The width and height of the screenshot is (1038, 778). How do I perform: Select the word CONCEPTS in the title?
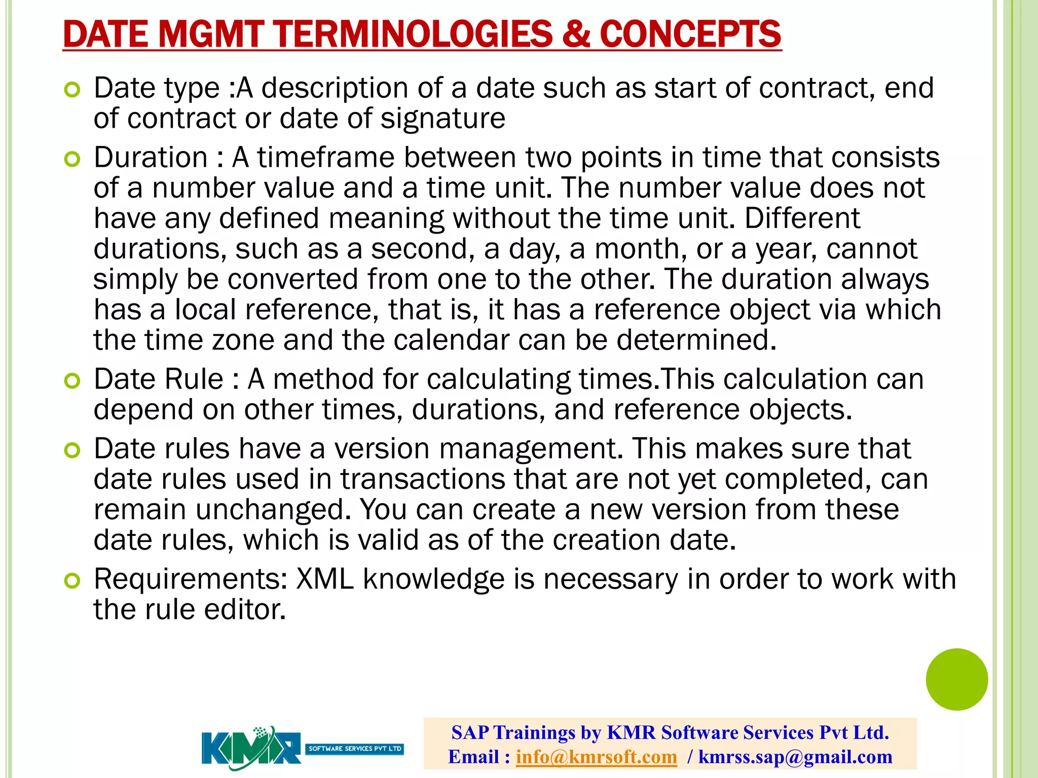(x=690, y=34)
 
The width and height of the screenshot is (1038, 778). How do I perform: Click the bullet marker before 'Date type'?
(x=72, y=90)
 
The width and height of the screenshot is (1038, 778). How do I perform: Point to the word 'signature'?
(x=442, y=119)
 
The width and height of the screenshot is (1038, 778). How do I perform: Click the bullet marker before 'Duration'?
(x=72, y=160)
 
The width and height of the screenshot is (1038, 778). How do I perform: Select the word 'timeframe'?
(x=325, y=158)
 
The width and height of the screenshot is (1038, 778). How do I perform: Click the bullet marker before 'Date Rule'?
(x=72, y=381)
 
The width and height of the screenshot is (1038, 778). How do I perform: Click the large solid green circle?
(x=956, y=679)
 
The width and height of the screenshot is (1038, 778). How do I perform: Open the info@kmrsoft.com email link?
(x=596, y=757)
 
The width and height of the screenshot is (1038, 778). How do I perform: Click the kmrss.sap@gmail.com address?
(x=795, y=757)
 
